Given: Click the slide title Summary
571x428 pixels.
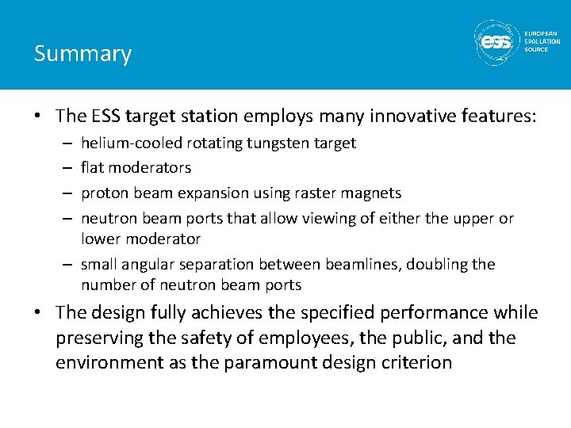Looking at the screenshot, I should pyautogui.click(x=82, y=54).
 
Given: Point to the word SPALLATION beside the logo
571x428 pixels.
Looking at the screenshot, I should pyautogui.click(x=542, y=41).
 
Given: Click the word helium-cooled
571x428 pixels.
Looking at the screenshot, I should pyautogui.click(x=132, y=143).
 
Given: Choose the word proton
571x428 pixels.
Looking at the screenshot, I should pyautogui.click(x=104, y=193).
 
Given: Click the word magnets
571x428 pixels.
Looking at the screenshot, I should pyautogui.click(x=374, y=193).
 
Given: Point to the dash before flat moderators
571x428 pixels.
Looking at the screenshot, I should pyautogui.click(x=68, y=168).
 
